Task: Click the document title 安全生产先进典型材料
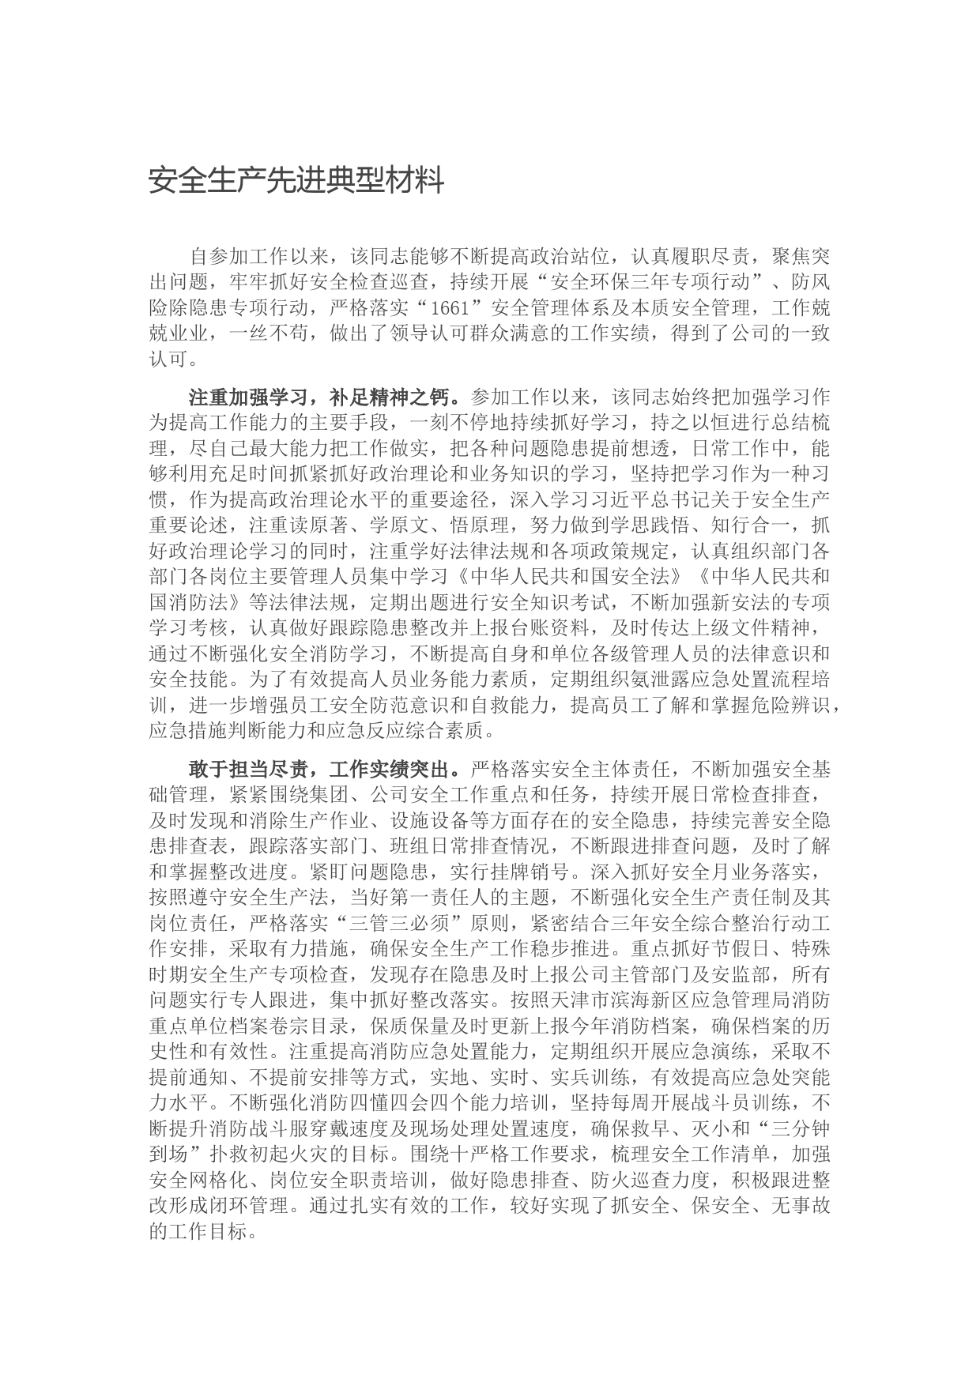click(296, 181)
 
